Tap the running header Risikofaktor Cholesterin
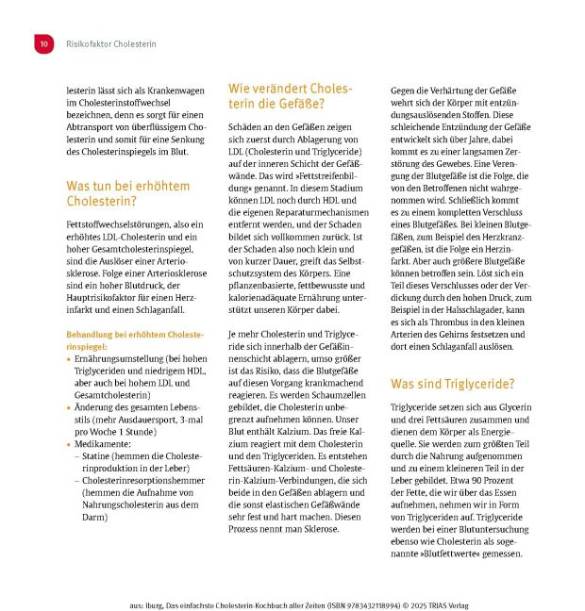click(111, 43)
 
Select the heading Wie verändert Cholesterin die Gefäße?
click(289, 95)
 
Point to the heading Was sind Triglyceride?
click(450, 384)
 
